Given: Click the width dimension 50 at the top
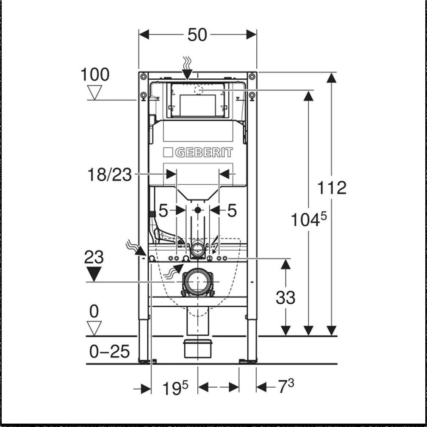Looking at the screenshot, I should (x=197, y=35).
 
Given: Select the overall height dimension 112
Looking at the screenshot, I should (x=332, y=188).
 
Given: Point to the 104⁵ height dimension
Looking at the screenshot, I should (x=308, y=220).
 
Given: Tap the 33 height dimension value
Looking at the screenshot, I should (x=286, y=298).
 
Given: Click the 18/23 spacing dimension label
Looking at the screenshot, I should (x=110, y=175).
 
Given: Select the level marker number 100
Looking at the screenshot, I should (x=95, y=75).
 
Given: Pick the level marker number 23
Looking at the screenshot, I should (x=94, y=257).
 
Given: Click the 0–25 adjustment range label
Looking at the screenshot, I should (x=110, y=351).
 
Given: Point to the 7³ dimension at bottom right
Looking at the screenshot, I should (x=286, y=386).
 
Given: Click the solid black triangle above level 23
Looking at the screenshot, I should (x=94, y=273).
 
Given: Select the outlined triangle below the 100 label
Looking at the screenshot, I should (x=95, y=92).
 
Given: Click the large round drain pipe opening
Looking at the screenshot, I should (x=197, y=282).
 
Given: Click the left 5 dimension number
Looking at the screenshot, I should (x=163, y=210).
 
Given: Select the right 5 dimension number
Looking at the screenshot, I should (x=232, y=210).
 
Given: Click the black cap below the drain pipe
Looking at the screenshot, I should (x=197, y=348).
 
